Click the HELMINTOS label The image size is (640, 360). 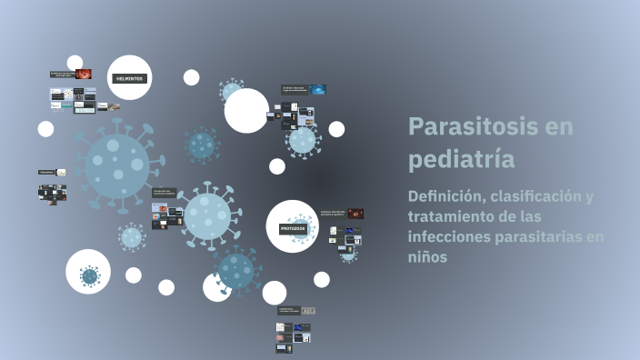129,79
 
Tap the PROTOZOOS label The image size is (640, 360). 293,229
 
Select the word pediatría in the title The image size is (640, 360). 461,159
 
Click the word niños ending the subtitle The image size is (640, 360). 427,257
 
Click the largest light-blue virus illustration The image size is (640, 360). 115,165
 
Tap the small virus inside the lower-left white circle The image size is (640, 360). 89,275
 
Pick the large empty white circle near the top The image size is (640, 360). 246,111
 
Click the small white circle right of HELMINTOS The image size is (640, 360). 191,77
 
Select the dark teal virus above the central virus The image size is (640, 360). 201,144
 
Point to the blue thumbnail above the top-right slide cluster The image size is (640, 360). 316,89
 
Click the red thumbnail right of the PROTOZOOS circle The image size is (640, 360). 355,214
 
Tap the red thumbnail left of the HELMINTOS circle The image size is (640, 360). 84,74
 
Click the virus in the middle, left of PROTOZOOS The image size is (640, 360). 208,216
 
